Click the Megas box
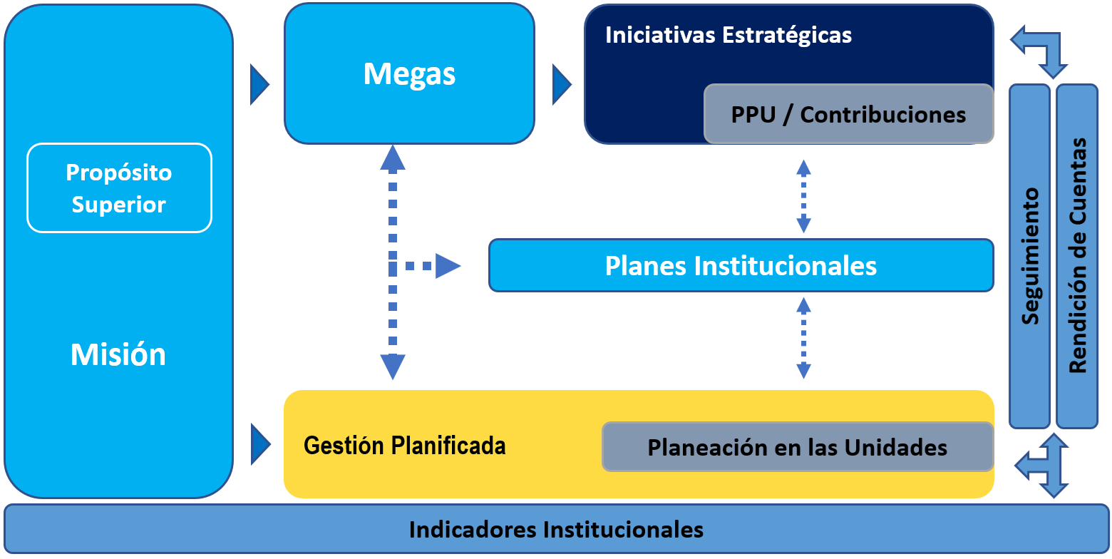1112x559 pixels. [x=409, y=73]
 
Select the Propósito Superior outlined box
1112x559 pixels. [x=119, y=188]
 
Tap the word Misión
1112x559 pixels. [x=118, y=354]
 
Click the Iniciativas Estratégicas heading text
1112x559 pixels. [x=728, y=35]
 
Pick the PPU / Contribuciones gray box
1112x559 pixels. [x=848, y=114]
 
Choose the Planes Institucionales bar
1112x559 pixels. [x=741, y=265]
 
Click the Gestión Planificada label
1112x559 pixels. [x=404, y=446]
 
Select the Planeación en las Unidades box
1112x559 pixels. [x=797, y=447]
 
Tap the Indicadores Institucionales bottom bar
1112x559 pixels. [x=556, y=530]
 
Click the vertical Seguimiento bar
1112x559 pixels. [x=1029, y=256]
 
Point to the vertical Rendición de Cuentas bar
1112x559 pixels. [x=1076, y=256]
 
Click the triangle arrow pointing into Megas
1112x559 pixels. [x=259, y=85]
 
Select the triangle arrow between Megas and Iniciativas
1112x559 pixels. [x=561, y=85]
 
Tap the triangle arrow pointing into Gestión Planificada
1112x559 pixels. [x=259, y=443]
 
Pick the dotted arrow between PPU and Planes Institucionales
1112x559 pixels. [x=803, y=196]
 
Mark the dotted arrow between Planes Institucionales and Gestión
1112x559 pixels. [x=803, y=338]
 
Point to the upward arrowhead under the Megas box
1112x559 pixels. [x=393, y=158]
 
